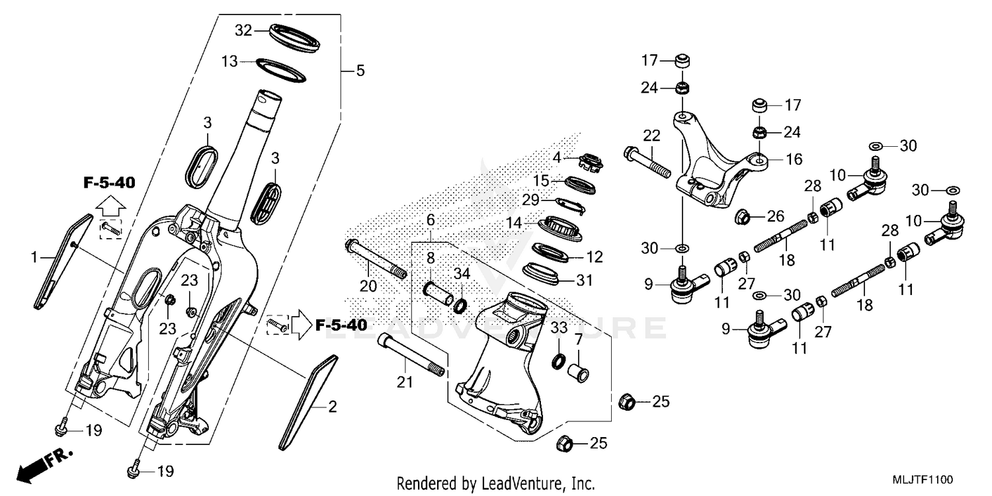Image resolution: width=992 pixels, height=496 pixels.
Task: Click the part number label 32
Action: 244,30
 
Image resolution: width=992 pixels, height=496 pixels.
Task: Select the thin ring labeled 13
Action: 281,70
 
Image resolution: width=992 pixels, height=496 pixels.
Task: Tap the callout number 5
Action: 360,70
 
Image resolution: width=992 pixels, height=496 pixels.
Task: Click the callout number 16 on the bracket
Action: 793,159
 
